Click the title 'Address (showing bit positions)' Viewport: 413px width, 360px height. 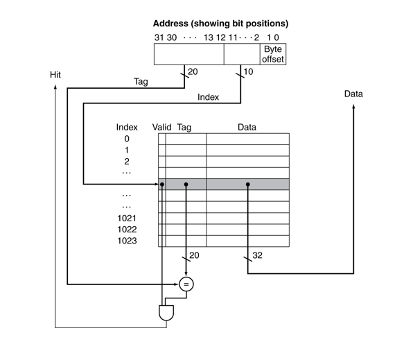[x=220, y=24]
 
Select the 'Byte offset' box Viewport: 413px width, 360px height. [x=273, y=55]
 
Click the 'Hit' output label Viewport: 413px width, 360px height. [x=56, y=74]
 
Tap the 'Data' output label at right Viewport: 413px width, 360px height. [x=353, y=94]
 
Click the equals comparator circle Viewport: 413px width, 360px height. [x=186, y=284]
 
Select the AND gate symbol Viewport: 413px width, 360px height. [x=167, y=312]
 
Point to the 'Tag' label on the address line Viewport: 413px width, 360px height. [x=141, y=82]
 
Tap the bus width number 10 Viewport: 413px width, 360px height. [x=249, y=71]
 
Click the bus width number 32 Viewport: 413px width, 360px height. [x=257, y=256]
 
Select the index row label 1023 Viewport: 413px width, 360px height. [x=127, y=241]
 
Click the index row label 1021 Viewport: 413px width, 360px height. [x=127, y=218]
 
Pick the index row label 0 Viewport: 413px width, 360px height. [x=127, y=139]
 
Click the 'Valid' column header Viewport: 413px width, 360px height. [x=161, y=127]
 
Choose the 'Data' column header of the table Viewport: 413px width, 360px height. [x=247, y=127]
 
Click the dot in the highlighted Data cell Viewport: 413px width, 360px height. [x=247, y=185]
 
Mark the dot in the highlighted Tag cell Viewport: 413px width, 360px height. [x=186, y=185]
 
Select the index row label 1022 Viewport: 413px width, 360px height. [x=127, y=229]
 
